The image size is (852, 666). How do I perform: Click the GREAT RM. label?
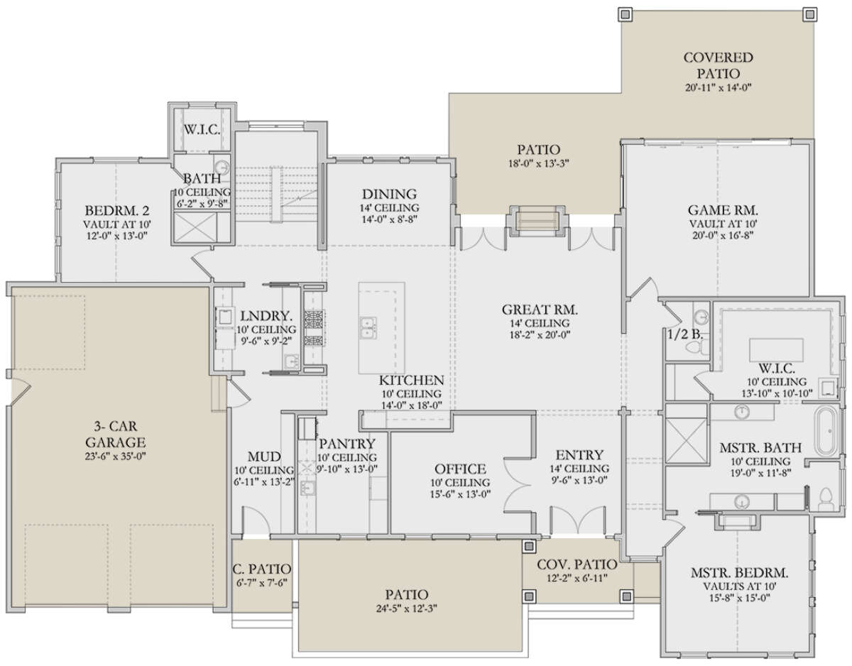point(540,310)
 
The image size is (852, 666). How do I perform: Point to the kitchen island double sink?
point(368,328)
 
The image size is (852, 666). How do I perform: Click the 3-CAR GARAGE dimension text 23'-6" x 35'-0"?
point(116,457)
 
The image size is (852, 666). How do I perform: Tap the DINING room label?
point(389,195)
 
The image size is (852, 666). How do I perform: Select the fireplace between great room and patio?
point(538,221)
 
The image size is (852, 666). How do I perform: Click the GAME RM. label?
point(723,210)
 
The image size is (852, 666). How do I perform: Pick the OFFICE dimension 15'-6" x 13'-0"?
point(460,495)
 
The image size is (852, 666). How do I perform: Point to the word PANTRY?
point(347,444)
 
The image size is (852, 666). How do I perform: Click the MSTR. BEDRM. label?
point(740,573)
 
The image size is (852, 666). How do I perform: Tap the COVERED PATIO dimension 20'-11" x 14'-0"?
point(718,87)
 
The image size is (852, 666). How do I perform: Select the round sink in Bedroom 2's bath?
point(222,167)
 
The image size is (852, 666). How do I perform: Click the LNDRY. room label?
point(266,316)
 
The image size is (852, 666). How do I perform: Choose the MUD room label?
point(264,457)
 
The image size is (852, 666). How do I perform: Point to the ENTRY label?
point(579,455)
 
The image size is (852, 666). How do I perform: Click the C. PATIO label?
point(261,569)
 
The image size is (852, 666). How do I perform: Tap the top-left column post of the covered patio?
point(625,14)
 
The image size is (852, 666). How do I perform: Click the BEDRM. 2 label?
point(117,211)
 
